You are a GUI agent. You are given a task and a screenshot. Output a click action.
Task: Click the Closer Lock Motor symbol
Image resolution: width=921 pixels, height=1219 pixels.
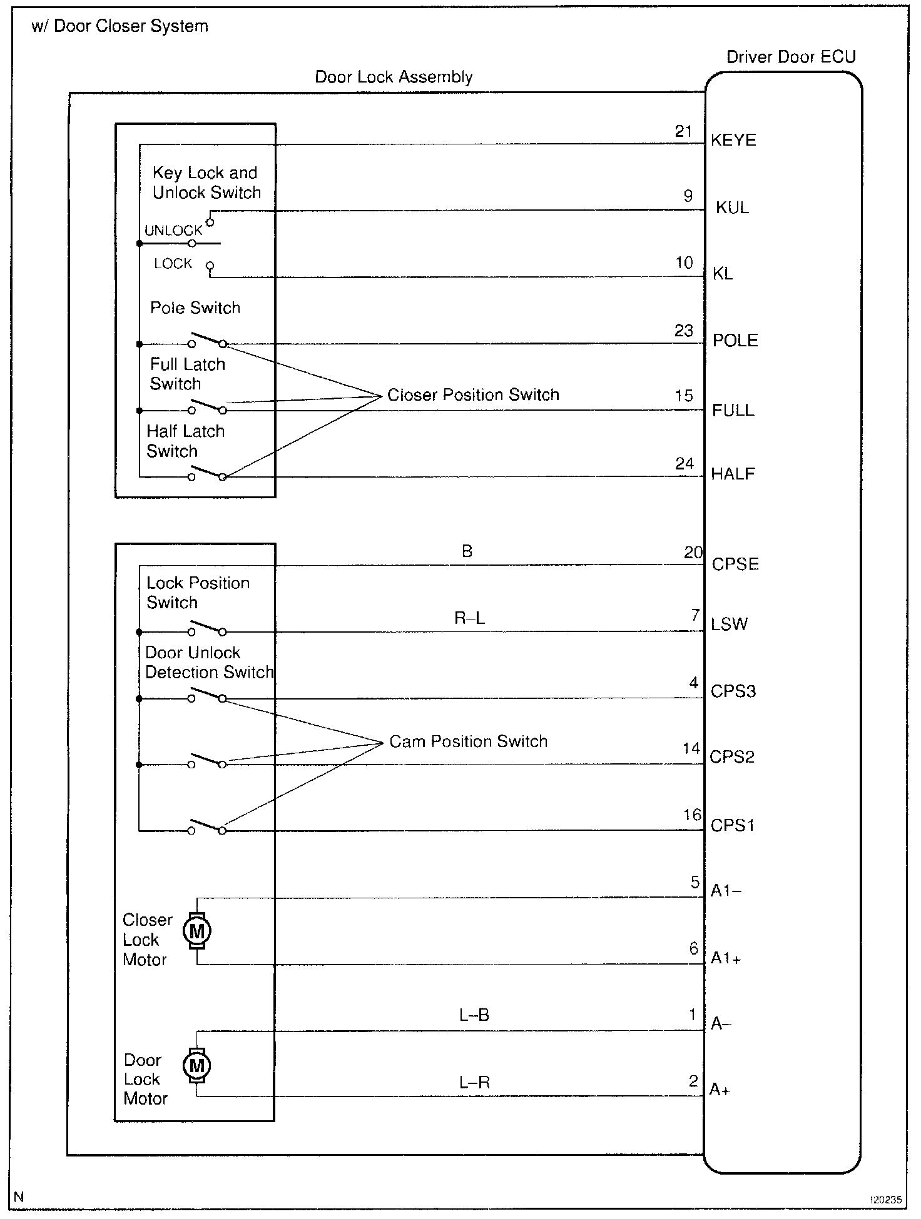[197, 931]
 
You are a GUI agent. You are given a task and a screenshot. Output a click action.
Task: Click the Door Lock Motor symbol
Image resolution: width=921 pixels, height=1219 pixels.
[196, 1065]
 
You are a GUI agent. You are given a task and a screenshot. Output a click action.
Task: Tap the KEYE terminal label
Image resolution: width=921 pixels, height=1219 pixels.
[733, 140]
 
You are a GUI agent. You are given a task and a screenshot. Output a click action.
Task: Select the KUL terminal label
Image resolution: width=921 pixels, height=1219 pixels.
[732, 208]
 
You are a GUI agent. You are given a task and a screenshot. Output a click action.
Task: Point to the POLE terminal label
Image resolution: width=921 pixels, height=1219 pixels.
[735, 341]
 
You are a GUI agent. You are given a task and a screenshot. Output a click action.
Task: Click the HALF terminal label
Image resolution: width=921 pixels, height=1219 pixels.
[733, 474]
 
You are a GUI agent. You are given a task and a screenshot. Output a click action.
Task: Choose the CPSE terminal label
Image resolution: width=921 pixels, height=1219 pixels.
[735, 564]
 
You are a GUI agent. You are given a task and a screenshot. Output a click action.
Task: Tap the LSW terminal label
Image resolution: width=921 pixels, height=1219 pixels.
[729, 624]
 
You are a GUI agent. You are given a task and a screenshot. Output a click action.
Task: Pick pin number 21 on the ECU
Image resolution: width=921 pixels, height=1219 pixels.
[683, 131]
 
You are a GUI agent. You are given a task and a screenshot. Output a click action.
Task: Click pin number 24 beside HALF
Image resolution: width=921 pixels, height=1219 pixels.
[684, 463]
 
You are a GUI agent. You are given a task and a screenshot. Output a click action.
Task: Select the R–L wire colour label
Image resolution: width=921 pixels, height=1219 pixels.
[469, 618]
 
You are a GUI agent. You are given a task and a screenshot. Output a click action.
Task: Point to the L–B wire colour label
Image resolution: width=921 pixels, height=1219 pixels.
[474, 1015]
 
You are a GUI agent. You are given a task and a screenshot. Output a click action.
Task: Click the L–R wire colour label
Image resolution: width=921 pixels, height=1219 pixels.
[474, 1082]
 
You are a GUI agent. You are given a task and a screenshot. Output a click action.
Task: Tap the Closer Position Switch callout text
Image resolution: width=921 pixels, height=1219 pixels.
[473, 394]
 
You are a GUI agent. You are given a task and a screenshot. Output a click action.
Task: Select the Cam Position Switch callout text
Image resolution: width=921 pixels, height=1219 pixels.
[468, 741]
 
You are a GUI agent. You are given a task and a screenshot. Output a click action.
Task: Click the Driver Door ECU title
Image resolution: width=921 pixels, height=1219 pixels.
[791, 57]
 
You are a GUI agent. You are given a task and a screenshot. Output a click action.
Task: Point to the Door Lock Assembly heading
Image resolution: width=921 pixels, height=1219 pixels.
[394, 77]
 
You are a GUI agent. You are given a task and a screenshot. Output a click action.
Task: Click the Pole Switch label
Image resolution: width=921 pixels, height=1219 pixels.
[195, 308]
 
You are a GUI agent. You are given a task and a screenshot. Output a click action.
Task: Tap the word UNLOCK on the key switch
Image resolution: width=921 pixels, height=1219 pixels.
[173, 230]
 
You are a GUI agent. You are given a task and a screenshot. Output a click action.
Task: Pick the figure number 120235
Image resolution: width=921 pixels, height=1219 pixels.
[885, 1200]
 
